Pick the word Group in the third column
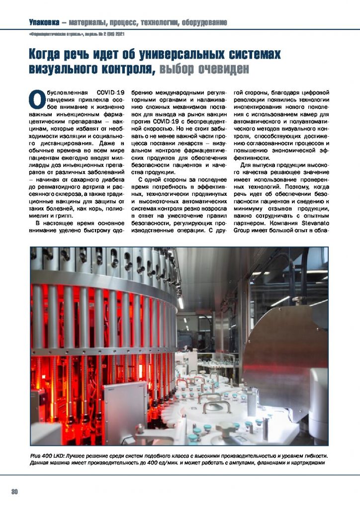[244, 231]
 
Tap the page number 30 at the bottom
[15, 492]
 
